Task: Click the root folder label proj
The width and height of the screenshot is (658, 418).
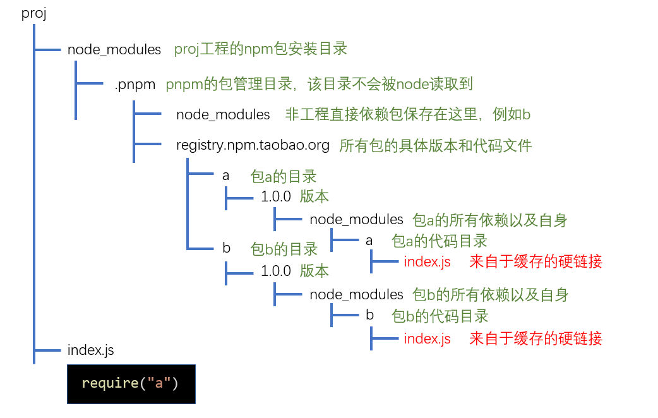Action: (x=34, y=14)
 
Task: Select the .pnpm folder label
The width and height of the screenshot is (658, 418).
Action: (x=135, y=84)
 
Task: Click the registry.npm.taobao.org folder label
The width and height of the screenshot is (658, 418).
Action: (x=253, y=146)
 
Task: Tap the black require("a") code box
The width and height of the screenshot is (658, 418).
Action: (x=131, y=383)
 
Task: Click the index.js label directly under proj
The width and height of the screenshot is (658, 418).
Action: (x=90, y=350)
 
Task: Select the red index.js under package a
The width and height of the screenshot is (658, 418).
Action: (x=427, y=261)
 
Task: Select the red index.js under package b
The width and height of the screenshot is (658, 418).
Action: (x=427, y=338)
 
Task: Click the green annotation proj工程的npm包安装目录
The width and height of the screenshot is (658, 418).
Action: (x=261, y=49)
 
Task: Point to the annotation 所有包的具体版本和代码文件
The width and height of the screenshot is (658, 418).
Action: (x=436, y=146)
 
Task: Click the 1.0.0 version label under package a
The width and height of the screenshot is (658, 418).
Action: (x=276, y=196)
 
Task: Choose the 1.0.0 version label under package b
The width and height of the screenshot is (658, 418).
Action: (x=276, y=272)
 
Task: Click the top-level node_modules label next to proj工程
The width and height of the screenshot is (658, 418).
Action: (x=114, y=49)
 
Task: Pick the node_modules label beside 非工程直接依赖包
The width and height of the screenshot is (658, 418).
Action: (x=223, y=115)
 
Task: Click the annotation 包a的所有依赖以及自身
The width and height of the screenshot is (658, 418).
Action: (x=489, y=220)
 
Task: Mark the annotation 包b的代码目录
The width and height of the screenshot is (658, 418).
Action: (x=440, y=315)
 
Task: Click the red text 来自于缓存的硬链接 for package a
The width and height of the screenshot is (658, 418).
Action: (x=535, y=261)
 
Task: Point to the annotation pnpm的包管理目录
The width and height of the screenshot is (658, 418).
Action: (x=319, y=84)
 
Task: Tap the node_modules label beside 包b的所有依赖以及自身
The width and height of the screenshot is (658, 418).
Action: (x=356, y=294)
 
